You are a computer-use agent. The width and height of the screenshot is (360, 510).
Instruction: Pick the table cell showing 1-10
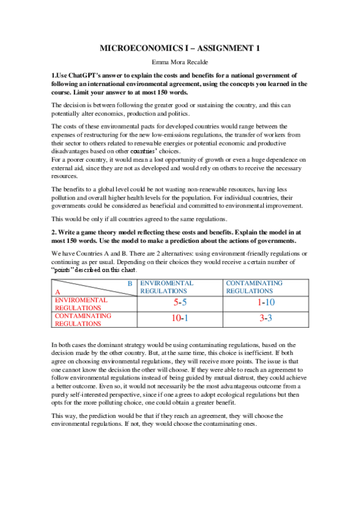[266, 303]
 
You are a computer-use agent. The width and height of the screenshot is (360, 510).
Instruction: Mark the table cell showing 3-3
[266, 319]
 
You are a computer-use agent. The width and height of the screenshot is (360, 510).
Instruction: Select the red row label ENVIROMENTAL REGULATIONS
[81, 303]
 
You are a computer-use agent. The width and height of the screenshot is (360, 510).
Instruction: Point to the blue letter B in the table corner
[129, 283]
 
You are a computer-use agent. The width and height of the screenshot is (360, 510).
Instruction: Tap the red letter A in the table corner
[57, 291]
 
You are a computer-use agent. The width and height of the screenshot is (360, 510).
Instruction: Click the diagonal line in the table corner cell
[93, 287]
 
